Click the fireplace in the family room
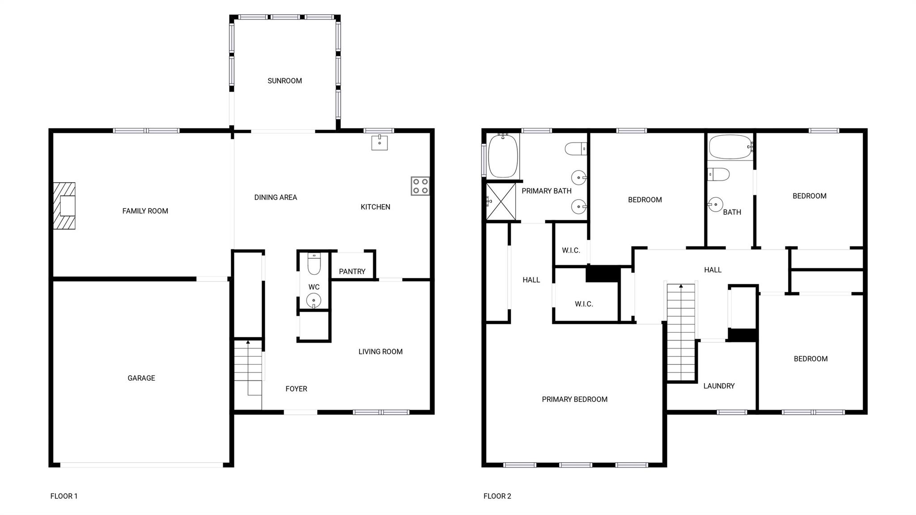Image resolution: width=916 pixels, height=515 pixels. tap(64, 206)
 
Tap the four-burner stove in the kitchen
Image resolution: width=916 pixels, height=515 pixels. tap(420, 186)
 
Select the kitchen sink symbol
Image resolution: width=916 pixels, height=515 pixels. tap(379, 142)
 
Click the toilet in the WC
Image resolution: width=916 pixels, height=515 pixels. tap(314, 264)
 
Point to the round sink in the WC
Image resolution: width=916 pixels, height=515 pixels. tap(314, 300)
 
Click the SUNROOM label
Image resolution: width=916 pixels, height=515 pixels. tap(284, 81)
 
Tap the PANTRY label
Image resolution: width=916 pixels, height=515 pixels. tap(352, 272)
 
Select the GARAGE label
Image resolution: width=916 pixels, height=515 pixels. tap(141, 378)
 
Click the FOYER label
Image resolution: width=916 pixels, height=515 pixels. tap(296, 389)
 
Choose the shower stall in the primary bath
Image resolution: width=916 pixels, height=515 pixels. tap(501, 201)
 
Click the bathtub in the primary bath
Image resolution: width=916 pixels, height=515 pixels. tap(503, 156)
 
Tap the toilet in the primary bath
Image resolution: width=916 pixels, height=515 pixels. tap(576, 149)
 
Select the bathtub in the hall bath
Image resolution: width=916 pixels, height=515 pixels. tap(731, 147)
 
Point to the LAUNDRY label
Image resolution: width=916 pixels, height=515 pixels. tap(719, 386)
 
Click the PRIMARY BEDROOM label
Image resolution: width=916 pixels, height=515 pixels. tap(575, 400)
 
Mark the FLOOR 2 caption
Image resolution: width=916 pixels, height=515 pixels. tap(497, 496)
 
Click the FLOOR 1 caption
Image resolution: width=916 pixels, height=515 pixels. tap(64, 496)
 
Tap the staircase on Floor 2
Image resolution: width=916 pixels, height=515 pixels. tap(681, 332)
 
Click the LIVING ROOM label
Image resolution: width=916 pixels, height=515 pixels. tap(381, 352)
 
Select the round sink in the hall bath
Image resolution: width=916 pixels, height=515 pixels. tap(716, 204)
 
